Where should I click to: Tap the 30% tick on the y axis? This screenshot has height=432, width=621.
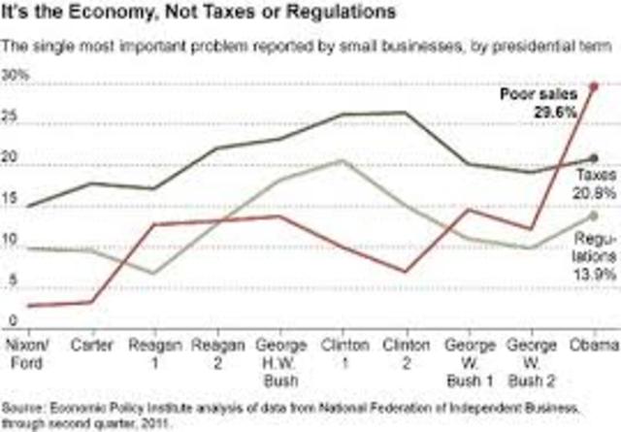(x=17, y=75)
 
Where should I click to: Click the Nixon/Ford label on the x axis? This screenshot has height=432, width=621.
(x=22, y=351)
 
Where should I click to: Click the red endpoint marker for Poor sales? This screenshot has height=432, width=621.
(x=593, y=86)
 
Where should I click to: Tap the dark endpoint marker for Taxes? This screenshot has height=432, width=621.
(x=593, y=157)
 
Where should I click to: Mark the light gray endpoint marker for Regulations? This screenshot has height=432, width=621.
(x=593, y=216)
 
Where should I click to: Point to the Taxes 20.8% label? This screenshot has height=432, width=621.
(x=592, y=183)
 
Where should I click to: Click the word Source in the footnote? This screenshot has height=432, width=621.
(x=25, y=405)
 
